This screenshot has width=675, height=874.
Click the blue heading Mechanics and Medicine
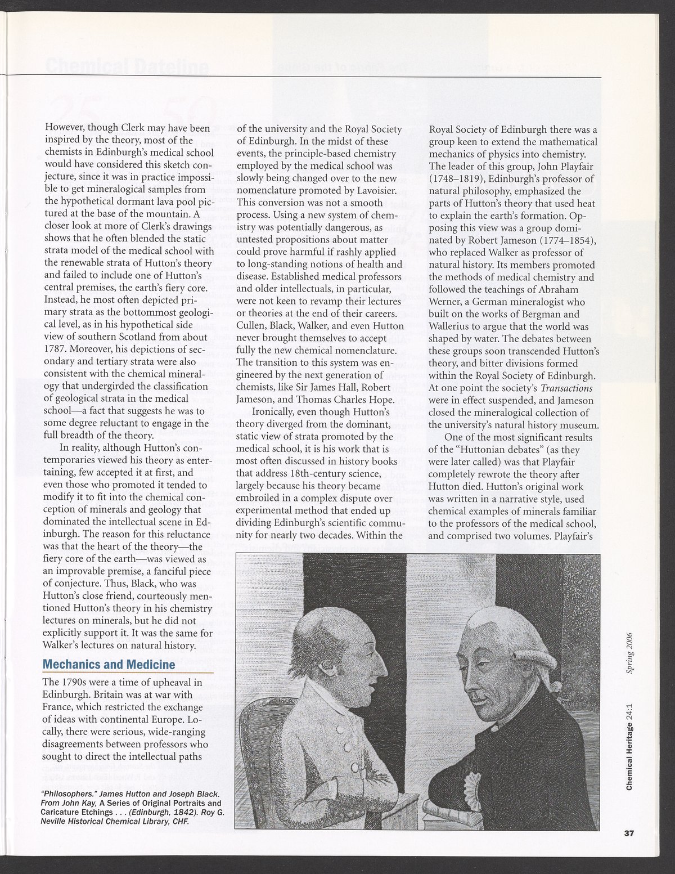tap(109, 664)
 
